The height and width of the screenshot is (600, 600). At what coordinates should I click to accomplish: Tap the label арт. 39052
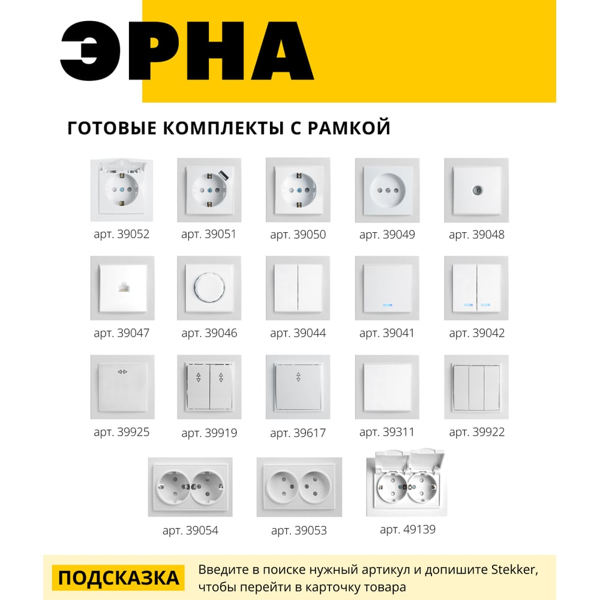tap(121, 234)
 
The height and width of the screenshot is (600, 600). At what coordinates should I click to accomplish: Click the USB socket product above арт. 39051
tap(209, 190)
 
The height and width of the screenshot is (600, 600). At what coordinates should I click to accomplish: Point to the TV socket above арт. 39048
tap(476, 190)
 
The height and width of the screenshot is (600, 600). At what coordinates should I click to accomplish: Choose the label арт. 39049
tap(387, 235)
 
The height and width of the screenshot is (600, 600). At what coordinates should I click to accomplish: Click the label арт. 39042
tap(476, 333)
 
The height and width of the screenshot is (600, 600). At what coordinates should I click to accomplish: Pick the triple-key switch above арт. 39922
tap(476, 387)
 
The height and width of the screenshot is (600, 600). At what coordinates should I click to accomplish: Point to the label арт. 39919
tap(209, 432)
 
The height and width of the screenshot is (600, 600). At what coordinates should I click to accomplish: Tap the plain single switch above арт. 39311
tap(387, 387)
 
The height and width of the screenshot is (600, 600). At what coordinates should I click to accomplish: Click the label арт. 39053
tap(299, 530)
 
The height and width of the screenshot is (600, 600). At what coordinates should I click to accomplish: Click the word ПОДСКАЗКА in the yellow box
tap(119, 578)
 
